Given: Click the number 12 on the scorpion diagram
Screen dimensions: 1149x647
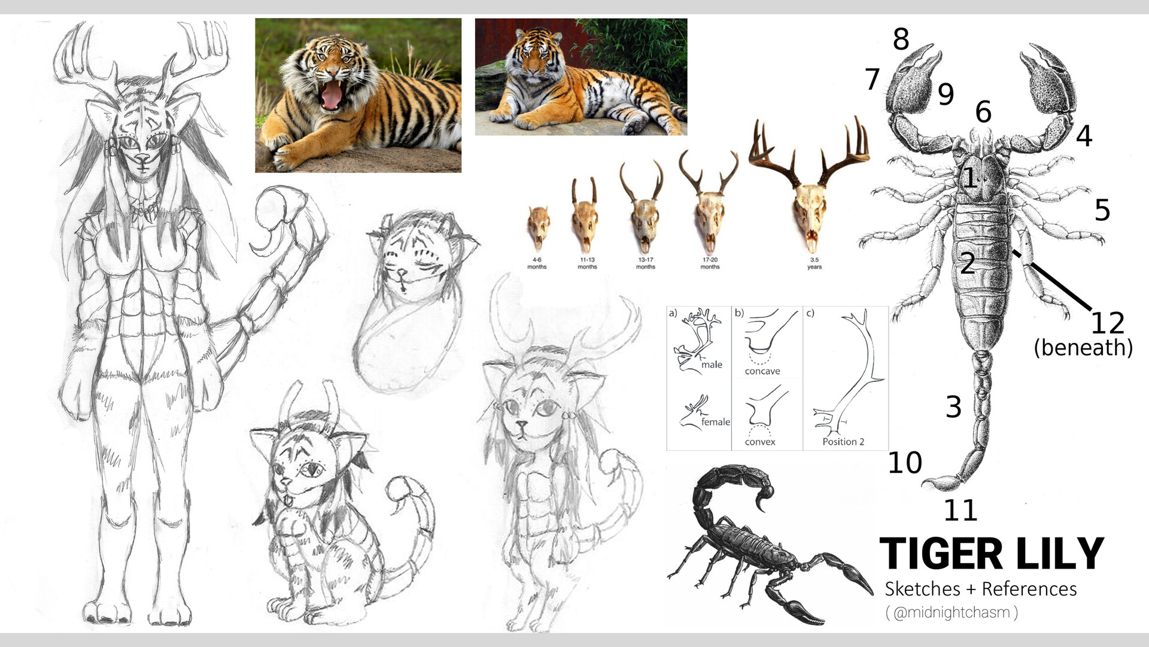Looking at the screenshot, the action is click(1108, 323).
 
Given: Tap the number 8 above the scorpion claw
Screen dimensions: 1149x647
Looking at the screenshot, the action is click(901, 40).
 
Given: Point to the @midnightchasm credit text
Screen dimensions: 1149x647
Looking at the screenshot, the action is click(952, 613).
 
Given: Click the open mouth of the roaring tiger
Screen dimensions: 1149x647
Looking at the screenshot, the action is click(331, 95).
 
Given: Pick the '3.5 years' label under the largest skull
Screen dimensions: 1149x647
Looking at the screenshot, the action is click(814, 263).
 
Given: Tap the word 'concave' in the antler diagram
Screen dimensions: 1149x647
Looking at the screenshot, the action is click(762, 371).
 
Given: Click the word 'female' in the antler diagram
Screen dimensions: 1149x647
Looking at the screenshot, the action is click(716, 422).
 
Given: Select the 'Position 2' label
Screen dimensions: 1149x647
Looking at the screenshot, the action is click(843, 442).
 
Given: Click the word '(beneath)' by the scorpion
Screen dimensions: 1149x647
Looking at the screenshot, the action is click(1084, 348).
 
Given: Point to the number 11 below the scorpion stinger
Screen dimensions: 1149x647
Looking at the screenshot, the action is click(960, 511).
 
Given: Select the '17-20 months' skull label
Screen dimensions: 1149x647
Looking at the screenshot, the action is click(710, 263).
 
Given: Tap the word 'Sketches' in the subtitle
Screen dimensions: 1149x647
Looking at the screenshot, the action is click(923, 589).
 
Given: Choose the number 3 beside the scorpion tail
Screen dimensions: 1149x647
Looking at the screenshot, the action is click(953, 407).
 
